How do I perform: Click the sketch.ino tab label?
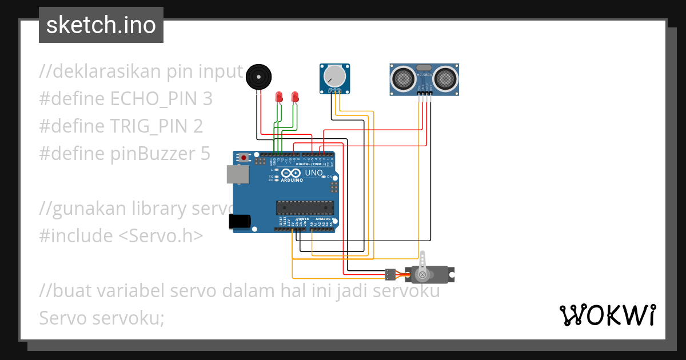(x=101, y=25)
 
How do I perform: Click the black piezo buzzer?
(x=258, y=76)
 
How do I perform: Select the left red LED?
(x=279, y=97)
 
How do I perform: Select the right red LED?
(x=295, y=97)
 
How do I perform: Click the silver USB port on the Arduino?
(x=237, y=174)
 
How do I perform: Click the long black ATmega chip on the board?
(x=305, y=209)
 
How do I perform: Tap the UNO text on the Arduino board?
(x=314, y=173)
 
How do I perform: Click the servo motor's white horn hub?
(x=422, y=275)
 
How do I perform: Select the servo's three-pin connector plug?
(x=390, y=274)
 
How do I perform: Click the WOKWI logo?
(x=607, y=315)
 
